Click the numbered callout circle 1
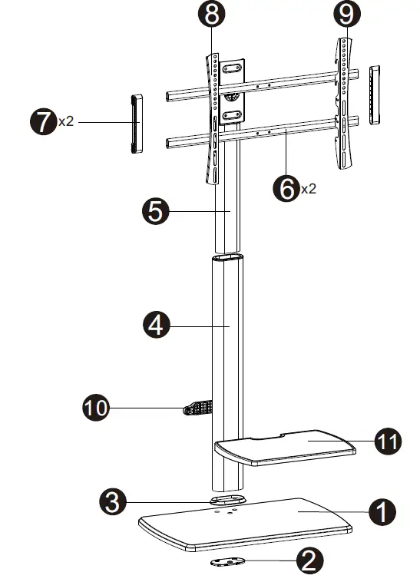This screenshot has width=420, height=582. [x=382, y=511]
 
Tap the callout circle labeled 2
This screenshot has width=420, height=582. [x=309, y=561]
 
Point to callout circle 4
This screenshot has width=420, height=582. [x=157, y=326]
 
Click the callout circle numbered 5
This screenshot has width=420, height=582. [x=157, y=211]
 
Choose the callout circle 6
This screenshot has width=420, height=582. [x=287, y=187]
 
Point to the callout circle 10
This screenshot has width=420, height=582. [x=96, y=408]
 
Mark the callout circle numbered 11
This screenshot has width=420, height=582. [x=388, y=441]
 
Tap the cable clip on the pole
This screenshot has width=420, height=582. [x=198, y=408]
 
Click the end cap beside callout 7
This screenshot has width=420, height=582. [x=136, y=124]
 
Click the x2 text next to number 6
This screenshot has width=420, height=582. [x=308, y=188]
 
